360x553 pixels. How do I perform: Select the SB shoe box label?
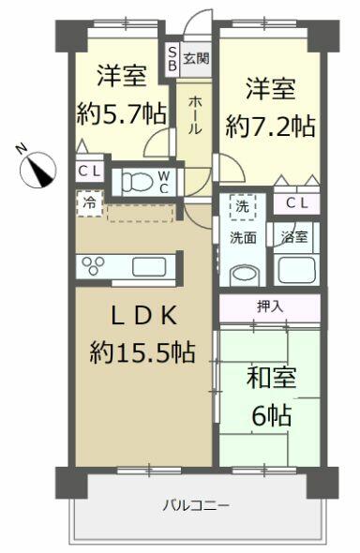172,59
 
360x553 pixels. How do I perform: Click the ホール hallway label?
194,113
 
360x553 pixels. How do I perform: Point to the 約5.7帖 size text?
121,113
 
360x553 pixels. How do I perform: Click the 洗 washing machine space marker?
243,206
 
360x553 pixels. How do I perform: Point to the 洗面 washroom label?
244,238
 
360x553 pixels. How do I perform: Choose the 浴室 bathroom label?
294,238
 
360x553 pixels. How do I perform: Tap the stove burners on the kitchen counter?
96,265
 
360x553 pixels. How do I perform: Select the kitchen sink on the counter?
150,265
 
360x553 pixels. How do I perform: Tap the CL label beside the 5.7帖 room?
89,172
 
